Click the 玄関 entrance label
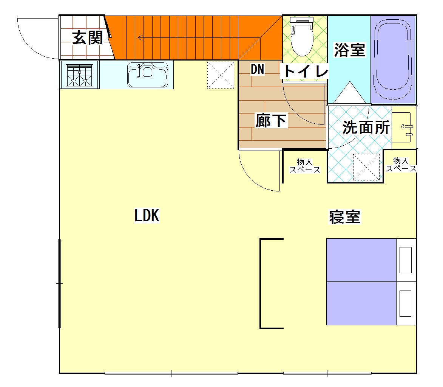[87, 38]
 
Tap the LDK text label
[147, 216]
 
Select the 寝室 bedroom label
[345, 217]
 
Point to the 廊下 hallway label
[271, 121]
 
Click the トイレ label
[305, 71]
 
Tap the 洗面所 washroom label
[366, 128]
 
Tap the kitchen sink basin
[147, 75]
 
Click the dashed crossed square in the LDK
[221, 75]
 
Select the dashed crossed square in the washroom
[366, 167]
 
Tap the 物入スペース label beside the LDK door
[304, 166]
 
